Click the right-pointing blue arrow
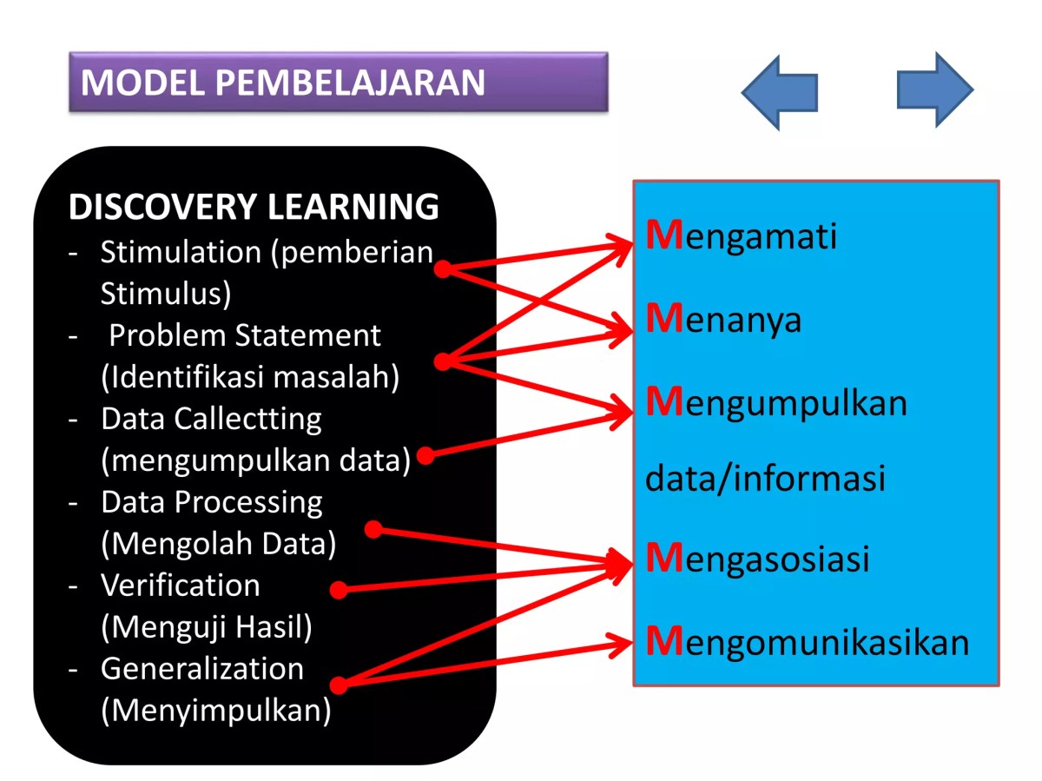point(935,89)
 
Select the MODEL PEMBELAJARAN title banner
point(338,82)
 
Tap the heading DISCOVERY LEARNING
point(254,207)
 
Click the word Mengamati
point(742,236)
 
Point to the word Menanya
point(723,320)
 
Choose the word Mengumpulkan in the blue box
point(776,403)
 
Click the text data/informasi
point(765,478)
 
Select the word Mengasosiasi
point(757,559)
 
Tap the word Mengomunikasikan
point(807,642)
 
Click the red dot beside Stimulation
point(442,269)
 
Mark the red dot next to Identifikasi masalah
point(443,361)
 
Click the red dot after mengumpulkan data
point(425,455)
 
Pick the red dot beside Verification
point(339,591)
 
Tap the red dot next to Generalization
point(339,685)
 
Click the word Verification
point(180,586)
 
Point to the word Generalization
point(202,669)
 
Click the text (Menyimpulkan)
point(216,711)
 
